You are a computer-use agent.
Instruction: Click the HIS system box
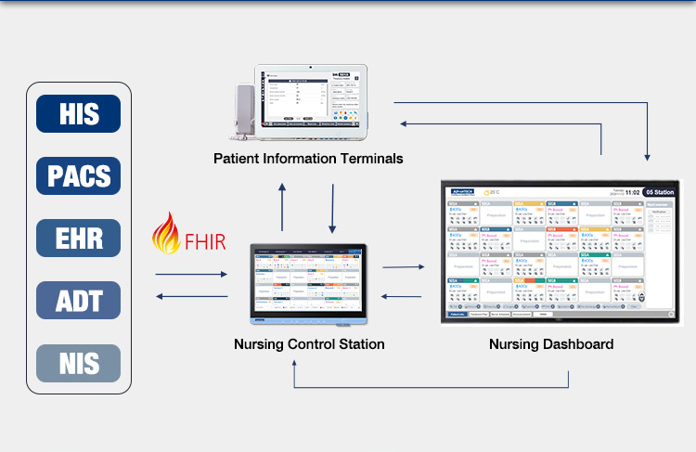(x=79, y=113)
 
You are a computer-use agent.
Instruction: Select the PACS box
(x=79, y=175)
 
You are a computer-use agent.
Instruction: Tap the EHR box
(x=79, y=238)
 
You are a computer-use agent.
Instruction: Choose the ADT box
(x=79, y=300)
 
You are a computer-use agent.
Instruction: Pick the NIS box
(x=79, y=362)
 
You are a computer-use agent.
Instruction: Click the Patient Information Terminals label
(x=308, y=159)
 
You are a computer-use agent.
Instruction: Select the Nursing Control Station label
(x=309, y=344)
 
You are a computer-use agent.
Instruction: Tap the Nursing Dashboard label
(x=551, y=344)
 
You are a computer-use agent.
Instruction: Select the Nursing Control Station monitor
(x=310, y=281)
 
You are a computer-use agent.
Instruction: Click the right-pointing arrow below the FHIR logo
(x=192, y=275)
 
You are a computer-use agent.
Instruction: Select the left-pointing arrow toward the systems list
(x=192, y=297)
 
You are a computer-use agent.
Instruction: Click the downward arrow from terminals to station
(x=331, y=206)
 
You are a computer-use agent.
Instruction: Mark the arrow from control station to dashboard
(x=404, y=267)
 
